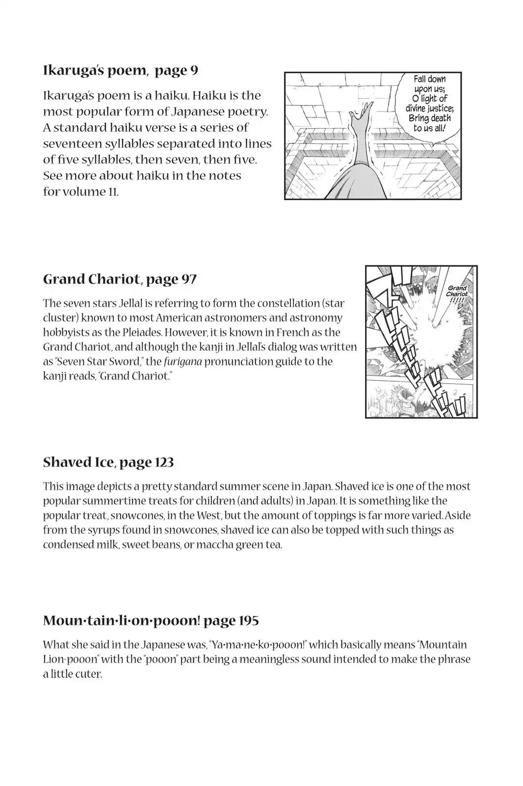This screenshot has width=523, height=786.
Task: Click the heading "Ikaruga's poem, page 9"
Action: point(121,70)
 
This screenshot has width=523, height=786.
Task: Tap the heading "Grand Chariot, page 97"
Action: point(120,279)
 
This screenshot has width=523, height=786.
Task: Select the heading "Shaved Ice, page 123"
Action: point(108,462)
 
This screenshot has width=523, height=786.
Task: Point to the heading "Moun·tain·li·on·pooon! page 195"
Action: point(151,620)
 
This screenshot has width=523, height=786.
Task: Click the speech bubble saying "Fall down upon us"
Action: point(430,104)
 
